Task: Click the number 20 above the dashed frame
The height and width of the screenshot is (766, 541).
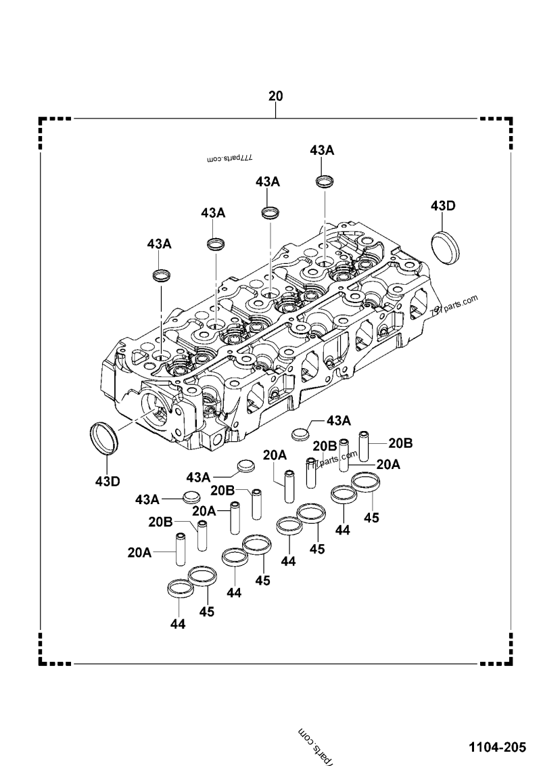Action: (275, 96)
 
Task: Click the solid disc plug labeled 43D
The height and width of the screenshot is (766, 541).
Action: (445, 244)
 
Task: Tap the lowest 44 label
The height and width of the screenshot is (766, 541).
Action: (177, 623)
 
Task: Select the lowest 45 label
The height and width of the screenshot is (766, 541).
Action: (207, 611)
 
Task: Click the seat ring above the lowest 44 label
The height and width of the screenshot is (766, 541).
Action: (179, 588)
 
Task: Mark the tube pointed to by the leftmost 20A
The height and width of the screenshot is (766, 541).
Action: (181, 549)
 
